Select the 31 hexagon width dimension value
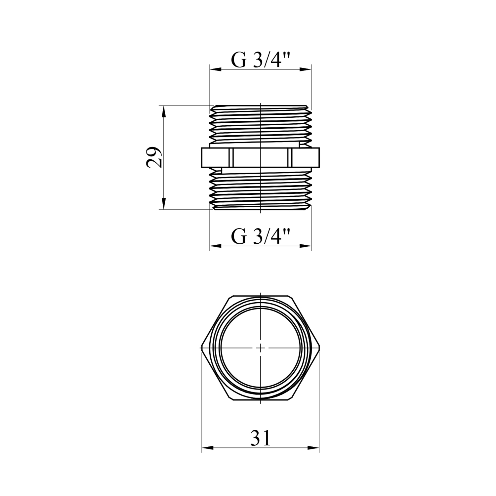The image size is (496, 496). click(261, 438)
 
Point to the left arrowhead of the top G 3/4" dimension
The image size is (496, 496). click(215, 69)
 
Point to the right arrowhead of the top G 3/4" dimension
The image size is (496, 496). click(306, 69)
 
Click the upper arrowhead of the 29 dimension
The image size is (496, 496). click(163, 111)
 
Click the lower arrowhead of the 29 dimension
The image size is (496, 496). click(163, 204)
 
